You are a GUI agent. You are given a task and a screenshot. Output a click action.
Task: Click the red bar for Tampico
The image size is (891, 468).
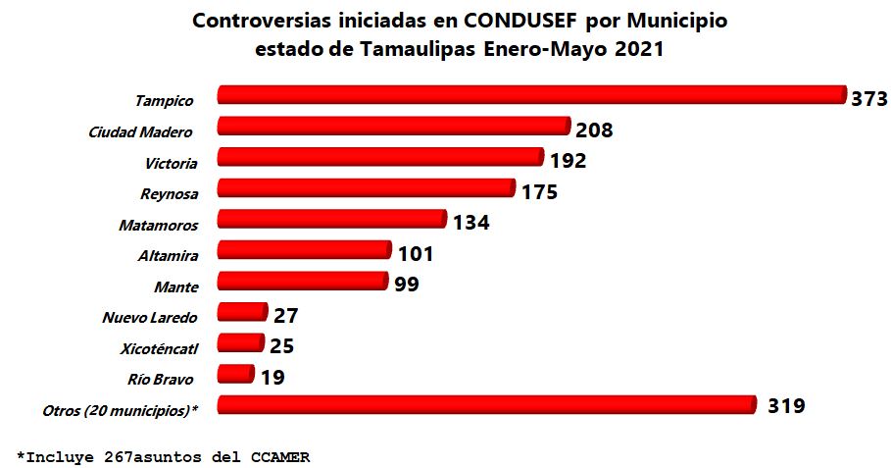(x=529, y=95)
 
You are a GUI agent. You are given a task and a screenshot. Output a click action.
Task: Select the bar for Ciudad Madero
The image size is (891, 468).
(x=392, y=127)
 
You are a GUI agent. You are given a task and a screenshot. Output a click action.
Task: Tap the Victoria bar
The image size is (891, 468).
(x=379, y=157)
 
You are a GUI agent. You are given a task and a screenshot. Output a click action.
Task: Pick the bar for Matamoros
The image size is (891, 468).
(x=330, y=219)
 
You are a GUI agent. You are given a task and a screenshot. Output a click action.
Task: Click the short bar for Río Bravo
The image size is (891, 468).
(x=234, y=375)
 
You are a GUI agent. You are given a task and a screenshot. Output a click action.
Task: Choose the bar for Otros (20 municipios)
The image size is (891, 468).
(x=485, y=405)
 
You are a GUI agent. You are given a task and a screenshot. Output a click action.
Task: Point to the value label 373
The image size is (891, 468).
(x=868, y=99)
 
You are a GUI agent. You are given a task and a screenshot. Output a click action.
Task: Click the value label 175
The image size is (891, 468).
(x=539, y=191)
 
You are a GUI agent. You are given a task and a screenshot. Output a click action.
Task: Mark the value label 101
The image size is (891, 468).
(x=416, y=254)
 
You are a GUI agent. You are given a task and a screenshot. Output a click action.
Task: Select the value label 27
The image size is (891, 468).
(x=286, y=316)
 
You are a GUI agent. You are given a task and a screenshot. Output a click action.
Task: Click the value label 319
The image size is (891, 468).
(x=786, y=405)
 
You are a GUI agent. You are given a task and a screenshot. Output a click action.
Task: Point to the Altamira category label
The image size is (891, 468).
(x=169, y=256)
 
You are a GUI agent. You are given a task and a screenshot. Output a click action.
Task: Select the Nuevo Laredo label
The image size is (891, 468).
(x=150, y=318)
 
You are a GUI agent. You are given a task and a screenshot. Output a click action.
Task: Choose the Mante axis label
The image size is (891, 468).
(x=176, y=286)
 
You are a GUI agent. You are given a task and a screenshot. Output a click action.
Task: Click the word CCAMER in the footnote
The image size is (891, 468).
(x=278, y=456)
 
